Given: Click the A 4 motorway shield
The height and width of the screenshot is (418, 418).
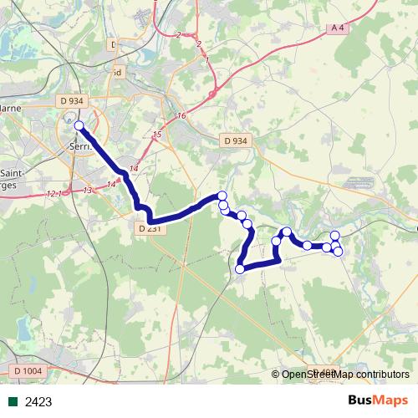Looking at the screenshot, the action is pyautogui.click(x=338, y=28).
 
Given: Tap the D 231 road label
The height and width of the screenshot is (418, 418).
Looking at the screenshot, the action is pyautogui.click(x=148, y=227).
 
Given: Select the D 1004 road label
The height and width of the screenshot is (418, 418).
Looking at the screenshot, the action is pyautogui.click(x=28, y=370).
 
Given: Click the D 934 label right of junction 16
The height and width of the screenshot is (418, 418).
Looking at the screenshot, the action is pyautogui.click(x=235, y=141).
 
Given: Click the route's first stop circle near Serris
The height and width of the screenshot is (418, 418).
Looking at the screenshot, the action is pyautogui.click(x=79, y=125).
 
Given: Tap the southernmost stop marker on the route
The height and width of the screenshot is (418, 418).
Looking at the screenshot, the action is pyautogui.click(x=241, y=268).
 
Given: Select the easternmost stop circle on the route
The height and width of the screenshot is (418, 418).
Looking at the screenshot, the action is pyautogui.click(x=338, y=252).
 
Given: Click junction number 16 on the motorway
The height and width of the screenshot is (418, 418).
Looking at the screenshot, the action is pyautogui.click(x=181, y=115).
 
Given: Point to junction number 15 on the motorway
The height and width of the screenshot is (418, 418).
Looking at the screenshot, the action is pyautogui.click(x=156, y=135).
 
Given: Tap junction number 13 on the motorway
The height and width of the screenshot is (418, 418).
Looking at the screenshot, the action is pyautogui.click(x=88, y=191).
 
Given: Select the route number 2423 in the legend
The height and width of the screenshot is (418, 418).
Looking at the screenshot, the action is pyautogui.click(x=38, y=402).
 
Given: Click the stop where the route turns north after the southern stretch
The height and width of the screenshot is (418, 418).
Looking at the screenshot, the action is pyautogui.click(x=277, y=242).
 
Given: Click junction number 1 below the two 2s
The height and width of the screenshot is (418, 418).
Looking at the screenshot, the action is pyautogui.click(x=206, y=61).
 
